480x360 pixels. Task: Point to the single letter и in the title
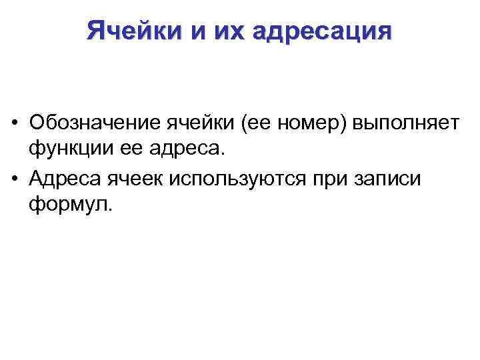(198, 31)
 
